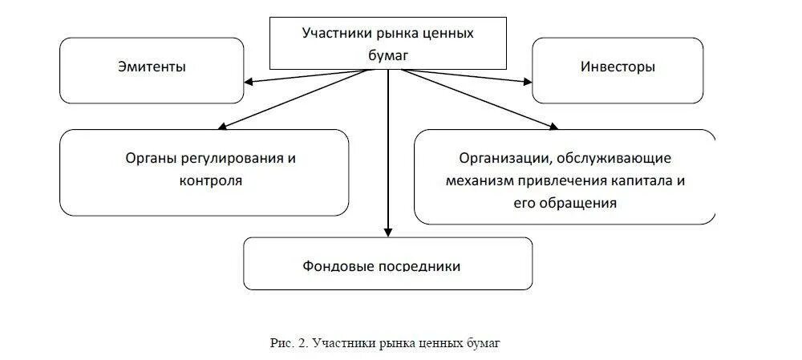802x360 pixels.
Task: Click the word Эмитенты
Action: point(152,67)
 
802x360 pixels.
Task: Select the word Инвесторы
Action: point(617,67)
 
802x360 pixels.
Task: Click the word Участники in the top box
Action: point(334,33)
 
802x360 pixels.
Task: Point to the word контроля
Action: point(211,180)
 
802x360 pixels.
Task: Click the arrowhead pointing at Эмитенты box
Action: point(249,80)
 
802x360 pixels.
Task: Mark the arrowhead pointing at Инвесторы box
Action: point(527,80)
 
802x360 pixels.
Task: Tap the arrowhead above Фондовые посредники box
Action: point(388,232)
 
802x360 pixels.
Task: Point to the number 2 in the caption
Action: point(302,343)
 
